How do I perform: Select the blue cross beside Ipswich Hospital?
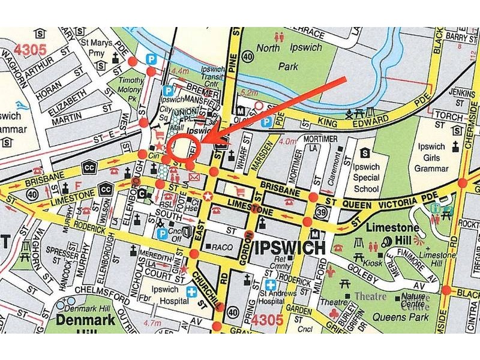tap(191, 292)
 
